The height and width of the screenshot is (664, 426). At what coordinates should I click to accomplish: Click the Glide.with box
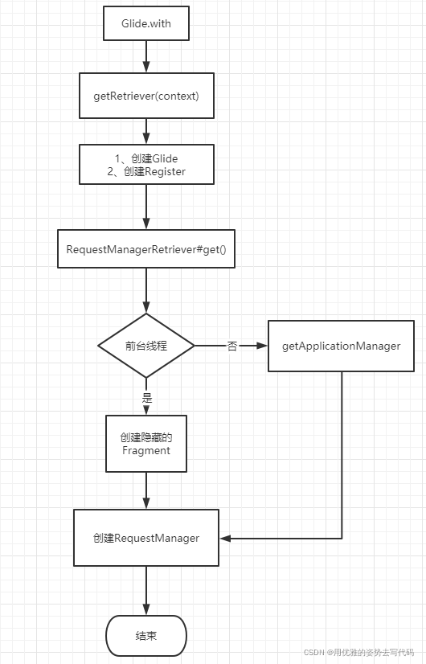(x=146, y=23)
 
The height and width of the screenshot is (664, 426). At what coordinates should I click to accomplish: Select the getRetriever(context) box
(x=146, y=96)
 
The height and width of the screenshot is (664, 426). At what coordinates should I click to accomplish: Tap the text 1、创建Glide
(x=146, y=158)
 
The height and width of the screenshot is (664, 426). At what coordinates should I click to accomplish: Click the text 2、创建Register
(x=146, y=171)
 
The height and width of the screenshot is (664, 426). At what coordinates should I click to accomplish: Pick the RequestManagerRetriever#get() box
(x=146, y=249)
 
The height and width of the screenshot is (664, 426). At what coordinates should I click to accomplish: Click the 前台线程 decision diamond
(x=146, y=346)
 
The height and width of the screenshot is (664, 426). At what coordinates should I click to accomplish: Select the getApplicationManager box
(x=342, y=346)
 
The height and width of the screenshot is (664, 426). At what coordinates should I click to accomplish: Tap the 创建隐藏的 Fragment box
(x=146, y=444)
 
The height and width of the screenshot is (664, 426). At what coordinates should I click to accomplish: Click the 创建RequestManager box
(x=146, y=538)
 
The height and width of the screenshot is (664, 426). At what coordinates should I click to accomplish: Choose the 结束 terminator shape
(x=146, y=636)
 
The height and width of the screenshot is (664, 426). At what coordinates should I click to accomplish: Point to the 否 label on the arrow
(x=232, y=346)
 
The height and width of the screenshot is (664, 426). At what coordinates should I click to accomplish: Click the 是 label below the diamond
(x=146, y=397)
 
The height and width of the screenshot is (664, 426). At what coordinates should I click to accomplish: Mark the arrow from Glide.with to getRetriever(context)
(x=146, y=56)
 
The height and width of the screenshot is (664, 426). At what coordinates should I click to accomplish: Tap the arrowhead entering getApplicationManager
(x=261, y=346)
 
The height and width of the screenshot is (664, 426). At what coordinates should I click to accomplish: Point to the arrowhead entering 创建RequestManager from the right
(x=226, y=538)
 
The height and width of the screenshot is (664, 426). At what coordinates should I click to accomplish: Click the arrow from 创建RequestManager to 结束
(x=146, y=591)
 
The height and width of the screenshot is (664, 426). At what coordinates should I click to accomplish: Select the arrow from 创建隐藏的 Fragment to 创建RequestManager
(x=146, y=490)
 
